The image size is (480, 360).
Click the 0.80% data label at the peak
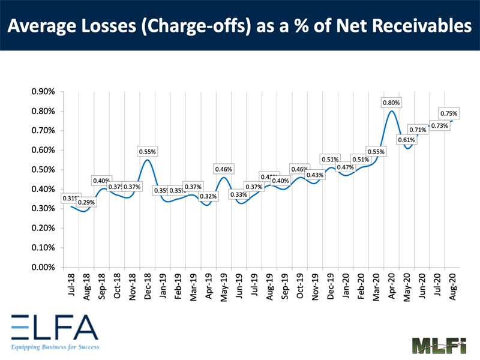pos(391,103)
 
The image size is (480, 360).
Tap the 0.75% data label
pos(449,113)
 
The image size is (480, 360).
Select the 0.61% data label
pos(406,140)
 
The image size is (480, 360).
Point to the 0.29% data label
pos(85,202)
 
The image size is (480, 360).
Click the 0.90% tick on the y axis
pos(43,92)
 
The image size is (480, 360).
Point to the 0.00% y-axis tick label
pos(43,267)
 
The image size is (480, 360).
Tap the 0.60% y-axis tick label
pos(43,150)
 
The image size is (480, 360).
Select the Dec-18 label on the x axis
pos(148,286)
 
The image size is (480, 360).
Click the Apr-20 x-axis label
pos(392,286)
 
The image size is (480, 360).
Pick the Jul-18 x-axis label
pos(71,284)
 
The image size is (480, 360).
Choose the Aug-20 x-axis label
pos(453,286)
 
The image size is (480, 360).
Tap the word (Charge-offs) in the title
pos(203,26)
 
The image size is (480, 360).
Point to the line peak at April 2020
pos(392,110)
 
